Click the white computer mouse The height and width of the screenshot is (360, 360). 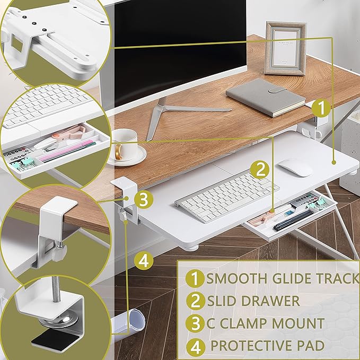(295, 167)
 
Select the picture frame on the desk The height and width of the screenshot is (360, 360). (286, 48)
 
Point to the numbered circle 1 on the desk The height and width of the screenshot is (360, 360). (321, 108)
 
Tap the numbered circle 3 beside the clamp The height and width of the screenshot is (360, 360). (144, 199)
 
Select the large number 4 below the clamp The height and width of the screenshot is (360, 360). (144, 260)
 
